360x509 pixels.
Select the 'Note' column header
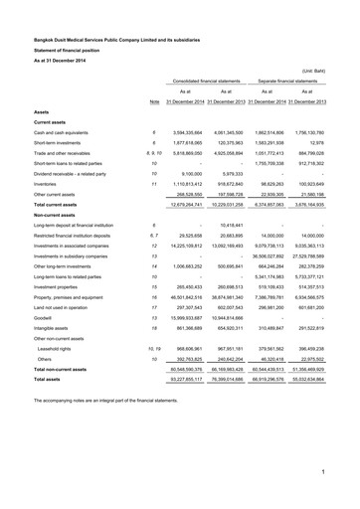pyautogui.click(x=154, y=102)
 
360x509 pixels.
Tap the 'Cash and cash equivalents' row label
pyautogui.click(x=66, y=132)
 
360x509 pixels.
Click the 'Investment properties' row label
pyautogui.click(x=61, y=286)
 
